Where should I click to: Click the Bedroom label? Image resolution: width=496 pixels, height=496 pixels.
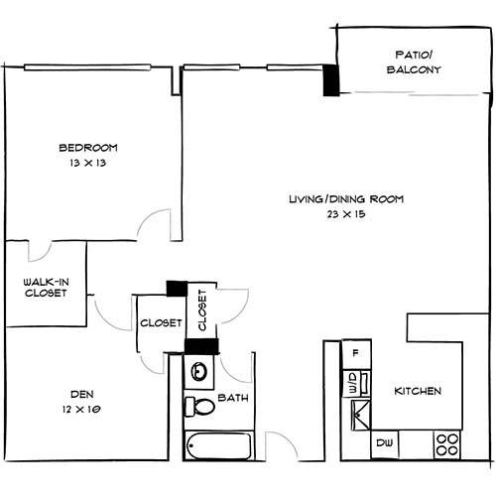pos(88,148)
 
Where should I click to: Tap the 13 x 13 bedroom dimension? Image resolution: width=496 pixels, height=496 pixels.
pos(88,163)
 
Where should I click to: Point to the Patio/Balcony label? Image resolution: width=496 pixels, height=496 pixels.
pos(414,62)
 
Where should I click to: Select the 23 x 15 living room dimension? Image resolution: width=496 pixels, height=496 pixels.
pos(346,214)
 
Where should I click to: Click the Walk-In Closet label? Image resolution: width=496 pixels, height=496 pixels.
pos(46,288)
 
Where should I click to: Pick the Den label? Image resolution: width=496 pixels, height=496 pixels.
pos(82,394)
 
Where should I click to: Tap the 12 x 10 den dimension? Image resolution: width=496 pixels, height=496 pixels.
pos(81,410)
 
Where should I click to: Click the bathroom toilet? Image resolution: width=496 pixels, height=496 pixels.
pos(199,406)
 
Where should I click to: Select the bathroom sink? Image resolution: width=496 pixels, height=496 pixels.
pos(199,372)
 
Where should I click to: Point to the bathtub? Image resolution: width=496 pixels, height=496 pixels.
pos(218,445)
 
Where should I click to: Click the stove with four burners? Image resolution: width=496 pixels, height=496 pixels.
pos(447,444)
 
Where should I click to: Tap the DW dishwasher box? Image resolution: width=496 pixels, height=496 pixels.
pos(385,443)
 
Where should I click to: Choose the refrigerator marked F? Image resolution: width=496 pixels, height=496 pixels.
pos(356,354)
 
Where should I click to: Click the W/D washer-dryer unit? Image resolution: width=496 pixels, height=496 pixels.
pos(356,384)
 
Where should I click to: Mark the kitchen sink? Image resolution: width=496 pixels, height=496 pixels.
pos(361,415)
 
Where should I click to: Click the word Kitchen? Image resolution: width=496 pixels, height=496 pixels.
pos(418,391)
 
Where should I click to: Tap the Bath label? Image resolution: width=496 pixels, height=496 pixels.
pos(233,398)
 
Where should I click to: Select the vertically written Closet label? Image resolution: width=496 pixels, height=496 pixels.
pos(202,310)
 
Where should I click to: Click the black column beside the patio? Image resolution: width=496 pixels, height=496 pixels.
pos(331,80)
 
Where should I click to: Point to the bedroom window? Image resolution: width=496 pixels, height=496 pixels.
pos(87,67)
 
